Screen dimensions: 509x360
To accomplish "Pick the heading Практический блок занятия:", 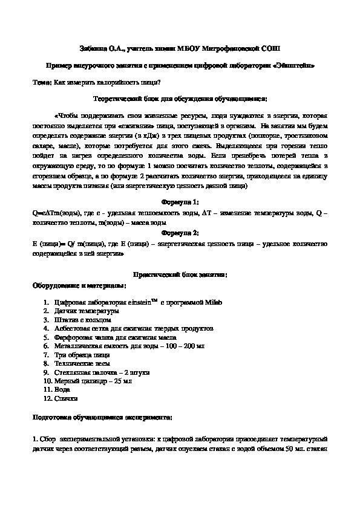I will point(180,274).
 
